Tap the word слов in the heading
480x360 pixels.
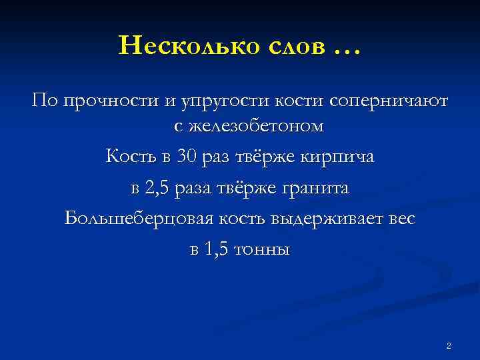(x=291, y=46)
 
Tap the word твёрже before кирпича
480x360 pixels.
(x=266, y=157)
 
